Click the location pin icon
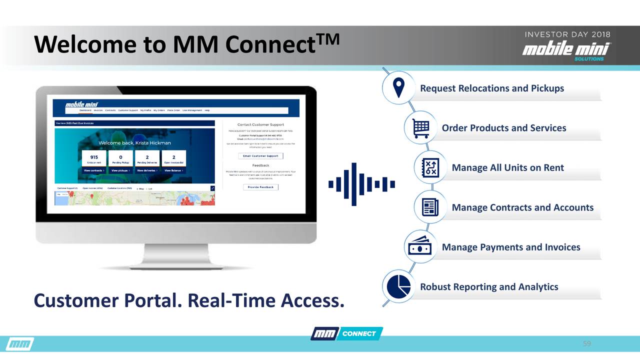point(398,88)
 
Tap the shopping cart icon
point(420,128)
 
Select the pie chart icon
point(398,287)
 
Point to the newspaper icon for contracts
point(430,207)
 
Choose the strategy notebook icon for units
point(430,167)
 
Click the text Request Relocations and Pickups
point(491,88)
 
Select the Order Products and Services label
point(503,128)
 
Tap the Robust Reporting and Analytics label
point(488,287)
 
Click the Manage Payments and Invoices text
point(510,247)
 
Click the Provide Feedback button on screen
point(260,187)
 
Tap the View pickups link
point(120,170)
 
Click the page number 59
point(587,344)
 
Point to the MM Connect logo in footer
point(346,333)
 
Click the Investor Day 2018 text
point(566,35)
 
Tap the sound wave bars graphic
point(361,184)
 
